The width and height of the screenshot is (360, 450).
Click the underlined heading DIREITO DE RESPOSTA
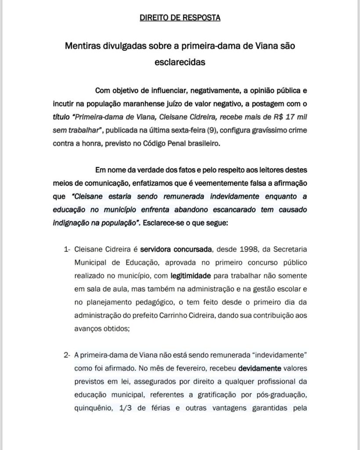tap(180, 18)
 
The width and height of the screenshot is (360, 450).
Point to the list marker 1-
tap(67, 250)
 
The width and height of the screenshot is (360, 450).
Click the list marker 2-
tap(67, 355)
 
